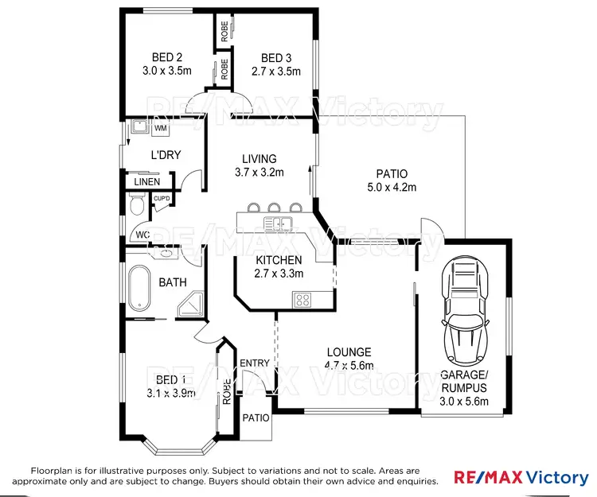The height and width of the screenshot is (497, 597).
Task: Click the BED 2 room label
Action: [168, 57]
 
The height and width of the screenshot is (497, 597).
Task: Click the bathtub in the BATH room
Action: [140, 289]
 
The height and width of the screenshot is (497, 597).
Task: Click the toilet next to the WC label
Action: [137, 208]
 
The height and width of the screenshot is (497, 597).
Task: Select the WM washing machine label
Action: [160, 127]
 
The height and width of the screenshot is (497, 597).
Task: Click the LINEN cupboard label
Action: [146, 182]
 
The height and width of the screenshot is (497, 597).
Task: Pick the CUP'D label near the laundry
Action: [162, 198]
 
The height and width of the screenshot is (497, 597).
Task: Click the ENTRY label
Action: [256, 363]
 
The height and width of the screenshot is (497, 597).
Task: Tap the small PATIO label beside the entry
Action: [256, 417]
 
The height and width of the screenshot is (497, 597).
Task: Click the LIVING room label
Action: [260, 159]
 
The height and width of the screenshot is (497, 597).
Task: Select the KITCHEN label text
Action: [279, 260]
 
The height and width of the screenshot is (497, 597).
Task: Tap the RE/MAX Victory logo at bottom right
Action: [521, 477]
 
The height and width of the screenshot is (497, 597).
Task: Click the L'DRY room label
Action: [166, 155]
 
